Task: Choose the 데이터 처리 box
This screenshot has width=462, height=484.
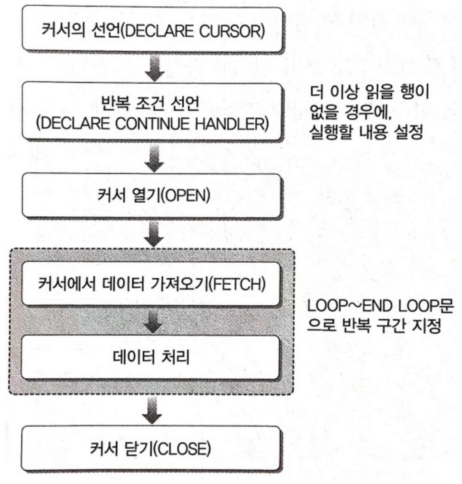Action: (151, 357)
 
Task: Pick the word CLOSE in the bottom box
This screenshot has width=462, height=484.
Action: (183, 449)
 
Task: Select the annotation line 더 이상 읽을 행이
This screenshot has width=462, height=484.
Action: (369, 92)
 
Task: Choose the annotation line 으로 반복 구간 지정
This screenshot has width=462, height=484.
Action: (374, 326)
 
